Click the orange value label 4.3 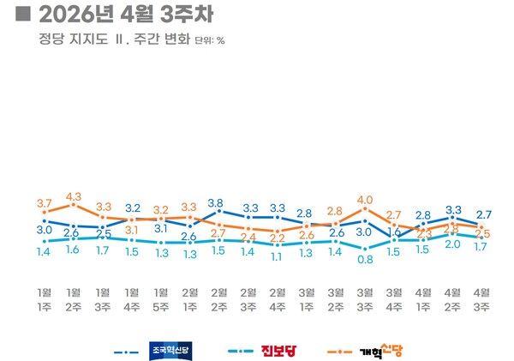74,196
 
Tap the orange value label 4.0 365,200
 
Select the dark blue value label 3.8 216,203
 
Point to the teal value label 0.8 365,258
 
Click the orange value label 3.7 45,202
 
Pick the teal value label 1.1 278,256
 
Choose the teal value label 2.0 452,244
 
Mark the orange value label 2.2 278,238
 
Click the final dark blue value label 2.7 483,214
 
